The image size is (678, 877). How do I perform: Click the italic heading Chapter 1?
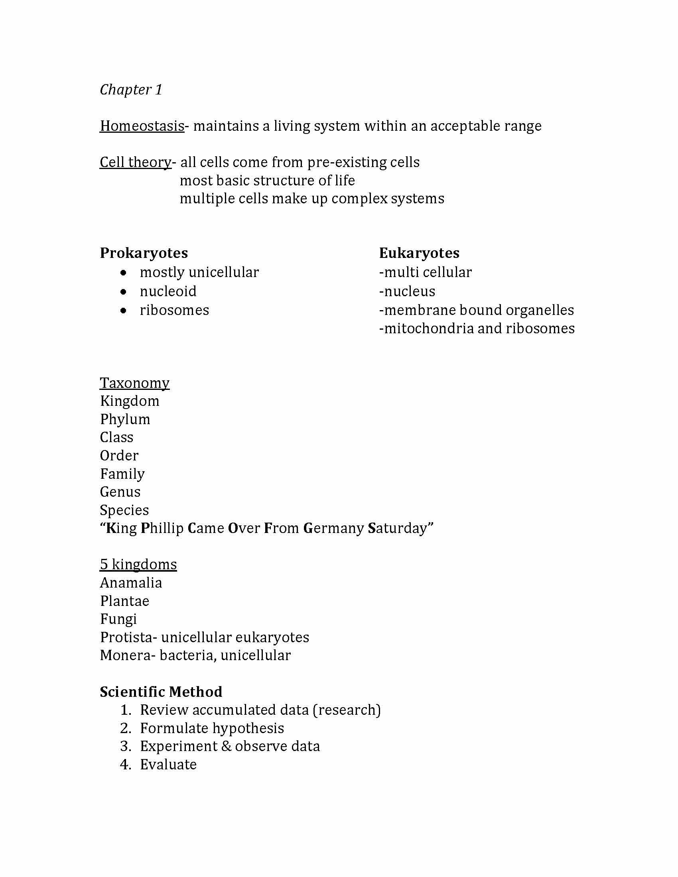click(131, 90)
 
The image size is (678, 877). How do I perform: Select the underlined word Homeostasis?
click(142, 126)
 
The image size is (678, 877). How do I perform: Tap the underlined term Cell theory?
click(135, 162)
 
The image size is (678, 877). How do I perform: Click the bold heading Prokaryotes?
click(144, 253)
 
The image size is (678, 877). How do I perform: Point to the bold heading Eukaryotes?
click(419, 253)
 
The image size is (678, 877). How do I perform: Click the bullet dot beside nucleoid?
click(124, 291)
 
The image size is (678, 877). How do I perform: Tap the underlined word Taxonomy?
click(134, 383)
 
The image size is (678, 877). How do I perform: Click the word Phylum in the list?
click(125, 419)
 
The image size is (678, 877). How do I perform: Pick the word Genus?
click(120, 492)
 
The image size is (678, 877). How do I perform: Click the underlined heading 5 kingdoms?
click(138, 564)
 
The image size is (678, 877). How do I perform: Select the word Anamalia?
click(131, 583)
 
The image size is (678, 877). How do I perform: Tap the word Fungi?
click(118, 619)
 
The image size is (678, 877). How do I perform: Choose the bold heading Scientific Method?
click(161, 692)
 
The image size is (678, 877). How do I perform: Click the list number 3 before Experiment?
click(125, 746)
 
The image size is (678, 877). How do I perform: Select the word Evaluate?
click(168, 765)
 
